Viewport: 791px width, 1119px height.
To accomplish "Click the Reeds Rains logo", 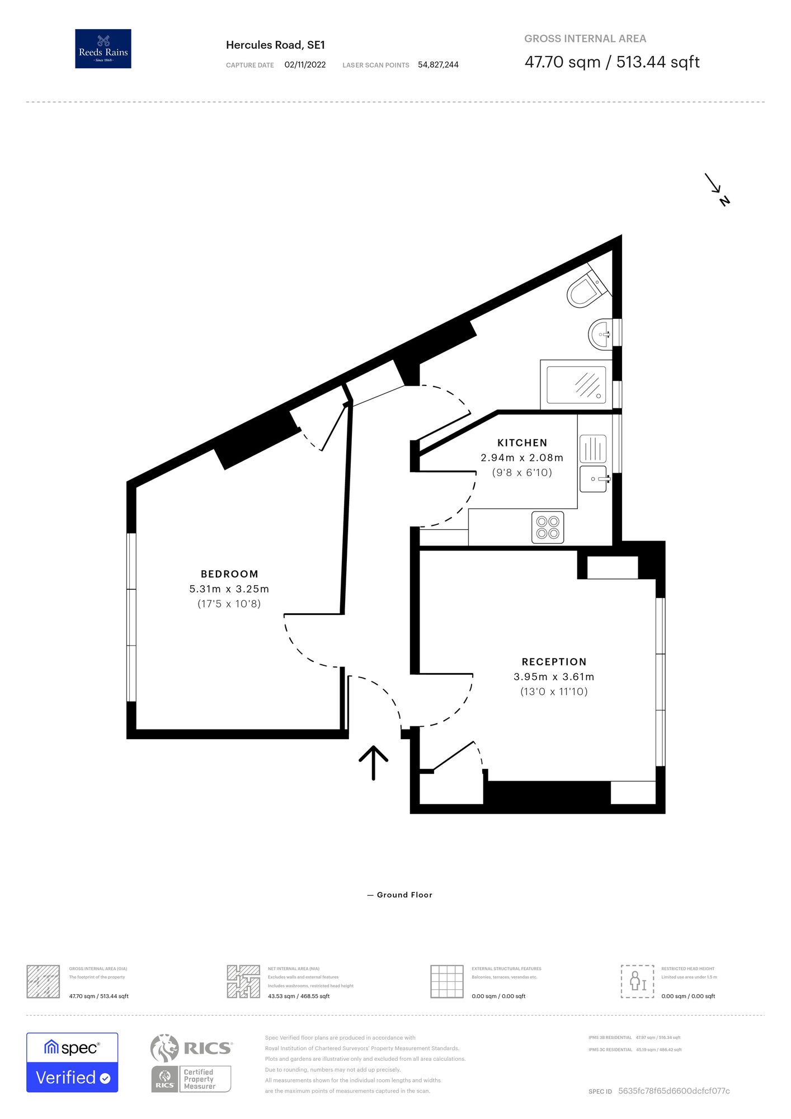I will pos(103,49).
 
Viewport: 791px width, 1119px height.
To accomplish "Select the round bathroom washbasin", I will pos(601,335).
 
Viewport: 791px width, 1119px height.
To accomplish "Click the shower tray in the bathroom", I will pos(576,385).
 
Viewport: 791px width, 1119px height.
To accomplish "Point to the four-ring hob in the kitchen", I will pos(548,527).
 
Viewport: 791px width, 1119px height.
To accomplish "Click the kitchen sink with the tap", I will pos(594,479).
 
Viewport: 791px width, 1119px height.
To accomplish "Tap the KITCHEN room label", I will pos(522,443).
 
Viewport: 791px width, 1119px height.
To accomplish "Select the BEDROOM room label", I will pos(229,574).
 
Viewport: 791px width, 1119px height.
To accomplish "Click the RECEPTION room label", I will pos(554,662).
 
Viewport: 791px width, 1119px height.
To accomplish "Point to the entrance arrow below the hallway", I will pos(373,762).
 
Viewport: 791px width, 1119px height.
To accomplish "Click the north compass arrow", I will pos(717,189).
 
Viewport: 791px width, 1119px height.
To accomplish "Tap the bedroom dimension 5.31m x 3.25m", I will pos(229,589).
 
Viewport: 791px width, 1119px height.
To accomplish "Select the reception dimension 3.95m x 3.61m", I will pos(554,677).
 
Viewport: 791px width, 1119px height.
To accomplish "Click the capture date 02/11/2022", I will pos(305,65).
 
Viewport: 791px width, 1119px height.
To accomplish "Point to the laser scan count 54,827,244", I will pos(438,65).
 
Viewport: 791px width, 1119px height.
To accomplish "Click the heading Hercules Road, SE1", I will pos(275,45).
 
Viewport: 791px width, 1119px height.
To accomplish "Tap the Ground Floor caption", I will pos(404,895).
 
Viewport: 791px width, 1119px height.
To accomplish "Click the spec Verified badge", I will pos(72,1062).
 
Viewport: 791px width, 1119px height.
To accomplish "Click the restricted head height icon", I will pos(637,981).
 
